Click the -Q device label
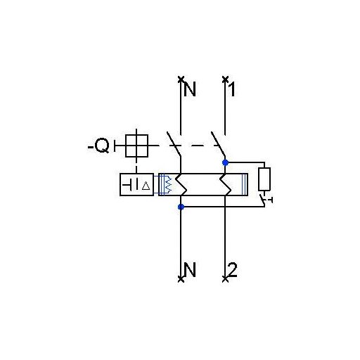click(x=98, y=146)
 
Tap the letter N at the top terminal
click(x=190, y=89)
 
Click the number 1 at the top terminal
click(x=232, y=89)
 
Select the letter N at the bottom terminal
click(x=189, y=269)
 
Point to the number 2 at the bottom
click(x=233, y=269)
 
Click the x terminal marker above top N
click(x=181, y=79)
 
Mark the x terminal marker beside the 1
click(x=225, y=79)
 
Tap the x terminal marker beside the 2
click(x=225, y=279)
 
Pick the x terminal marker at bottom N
click(x=181, y=279)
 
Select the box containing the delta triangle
click(x=136, y=184)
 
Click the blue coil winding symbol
click(x=167, y=184)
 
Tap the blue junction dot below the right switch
click(x=225, y=162)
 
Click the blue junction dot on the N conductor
click(x=181, y=207)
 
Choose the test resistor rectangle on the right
click(x=264, y=179)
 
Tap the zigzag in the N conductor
click(x=181, y=184)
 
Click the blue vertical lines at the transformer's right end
click(x=244, y=184)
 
